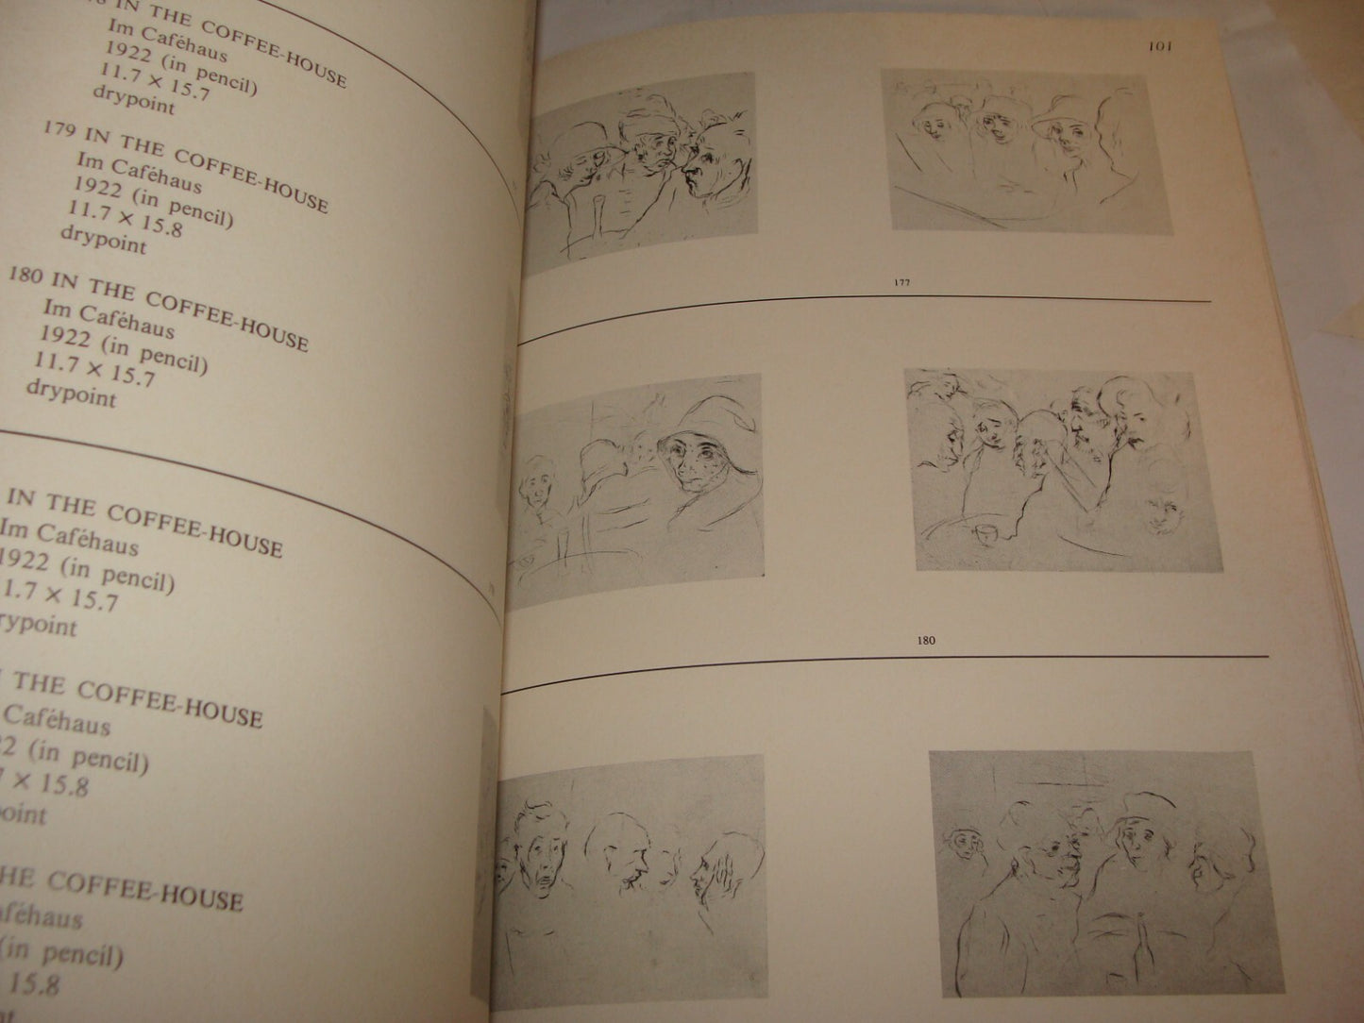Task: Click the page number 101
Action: (x=1160, y=46)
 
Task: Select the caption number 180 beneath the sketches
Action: (x=926, y=641)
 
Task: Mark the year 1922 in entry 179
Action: (x=100, y=190)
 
